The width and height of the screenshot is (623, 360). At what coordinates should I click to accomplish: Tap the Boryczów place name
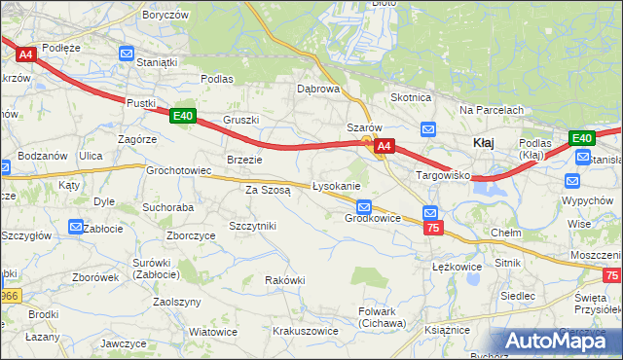tap(164, 16)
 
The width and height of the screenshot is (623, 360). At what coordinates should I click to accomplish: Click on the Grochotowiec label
tap(179, 169)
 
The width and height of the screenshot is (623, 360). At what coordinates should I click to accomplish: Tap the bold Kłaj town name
tap(484, 142)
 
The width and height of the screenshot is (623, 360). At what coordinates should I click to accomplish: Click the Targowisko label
tap(443, 175)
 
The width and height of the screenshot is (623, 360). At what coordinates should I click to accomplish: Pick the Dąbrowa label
tap(317, 88)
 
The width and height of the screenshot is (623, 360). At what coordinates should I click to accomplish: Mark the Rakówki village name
tap(285, 280)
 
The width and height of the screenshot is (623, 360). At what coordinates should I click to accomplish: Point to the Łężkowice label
tap(458, 266)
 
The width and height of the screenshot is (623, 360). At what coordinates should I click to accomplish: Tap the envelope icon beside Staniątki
tap(127, 54)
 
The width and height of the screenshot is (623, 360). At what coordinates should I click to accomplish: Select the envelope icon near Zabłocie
tap(76, 228)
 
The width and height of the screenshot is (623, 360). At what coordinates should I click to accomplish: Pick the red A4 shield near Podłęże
tap(25, 55)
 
